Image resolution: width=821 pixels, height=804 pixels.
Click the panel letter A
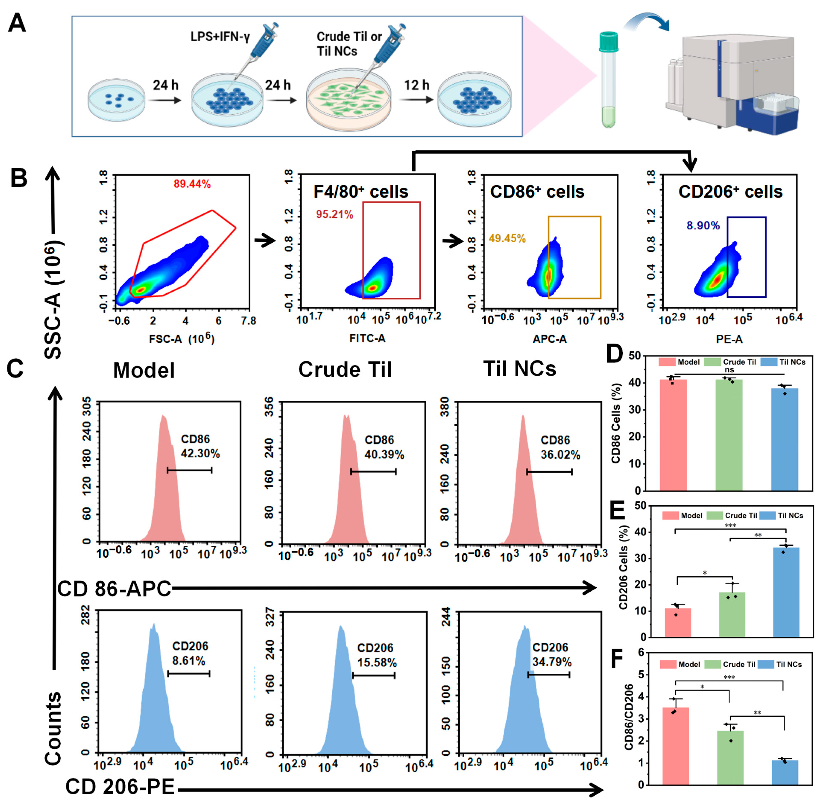(17, 23)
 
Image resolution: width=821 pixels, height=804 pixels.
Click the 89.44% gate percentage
(192, 184)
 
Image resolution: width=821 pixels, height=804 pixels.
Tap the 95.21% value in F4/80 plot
(335, 215)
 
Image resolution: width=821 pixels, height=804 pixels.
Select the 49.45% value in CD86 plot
(507, 239)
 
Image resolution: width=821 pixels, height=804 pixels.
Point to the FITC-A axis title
(367, 338)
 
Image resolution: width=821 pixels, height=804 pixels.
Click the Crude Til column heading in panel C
(345, 370)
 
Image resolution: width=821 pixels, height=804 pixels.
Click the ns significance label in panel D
(729, 370)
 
